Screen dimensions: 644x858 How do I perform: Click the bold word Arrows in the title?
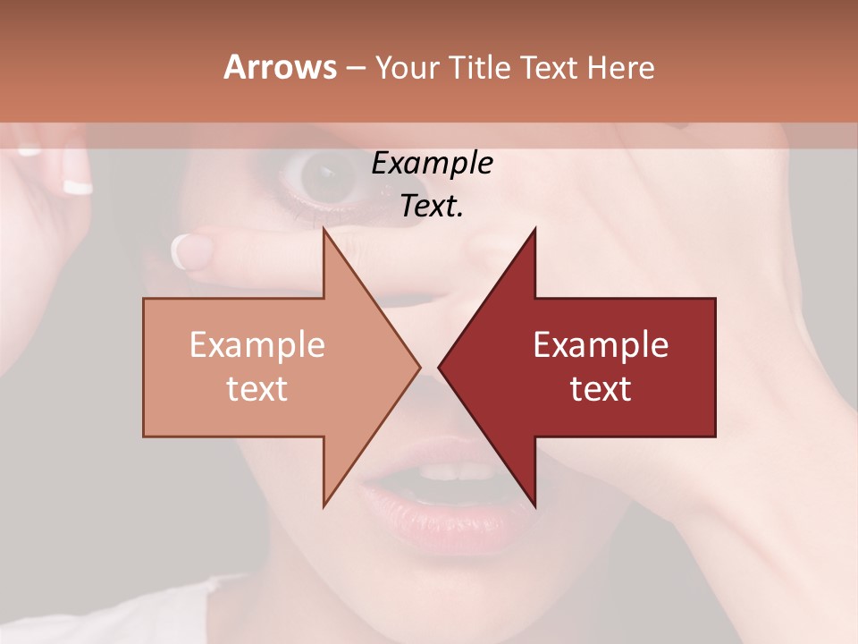280,67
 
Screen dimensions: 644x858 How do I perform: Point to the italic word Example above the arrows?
432,164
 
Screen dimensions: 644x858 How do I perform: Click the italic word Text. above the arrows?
432,207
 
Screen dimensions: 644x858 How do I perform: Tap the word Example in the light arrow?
257,345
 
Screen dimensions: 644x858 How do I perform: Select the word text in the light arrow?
257,388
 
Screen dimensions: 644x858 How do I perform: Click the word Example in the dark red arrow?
601,345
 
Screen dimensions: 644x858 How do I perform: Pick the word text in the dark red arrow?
601,388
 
